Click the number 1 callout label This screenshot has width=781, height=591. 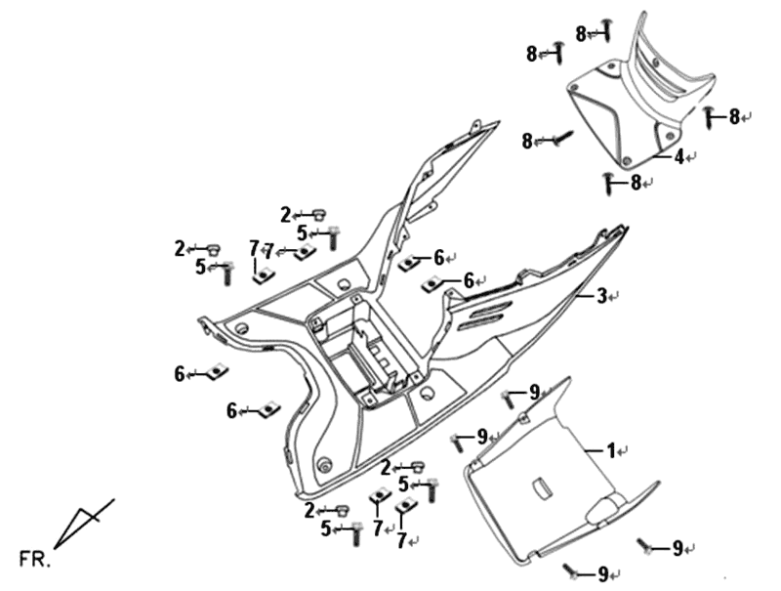(x=611, y=450)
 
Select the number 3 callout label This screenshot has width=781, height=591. (x=602, y=295)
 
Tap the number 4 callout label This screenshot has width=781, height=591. (x=678, y=155)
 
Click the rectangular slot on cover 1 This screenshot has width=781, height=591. (x=540, y=485)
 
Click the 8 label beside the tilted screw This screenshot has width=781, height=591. (x=527, y=141)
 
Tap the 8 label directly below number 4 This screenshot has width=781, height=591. (x=636, y=182)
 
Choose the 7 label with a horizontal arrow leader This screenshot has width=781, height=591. (x=269, y=251)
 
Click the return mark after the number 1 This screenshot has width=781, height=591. (x=623, y=451)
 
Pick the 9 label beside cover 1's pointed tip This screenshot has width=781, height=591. (x=534, y=393)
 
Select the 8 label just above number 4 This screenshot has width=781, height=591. (x=734, y=117)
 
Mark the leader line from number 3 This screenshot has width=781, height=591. (x=585, y=294)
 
